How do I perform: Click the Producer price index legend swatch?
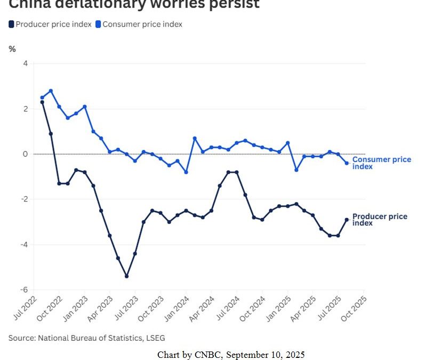pyautogui.click(x=12, y=24)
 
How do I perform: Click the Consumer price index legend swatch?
pyautogui.click(x=98, y=24)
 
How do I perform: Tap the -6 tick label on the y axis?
pyautogui.click(x=25, y=290)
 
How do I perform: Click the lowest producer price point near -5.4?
pyautogui.click(x=126, y=276)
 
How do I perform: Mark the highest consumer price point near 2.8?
pyautogui.click(x=51, y=91)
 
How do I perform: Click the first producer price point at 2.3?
pyautogui.click(x=42, y=102)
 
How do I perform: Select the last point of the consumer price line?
pyautogui.click(x=346, y=163)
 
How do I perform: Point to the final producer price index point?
pyautogui.click(x=346, y=220)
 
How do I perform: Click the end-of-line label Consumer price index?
pyautogui.click(x=381, y=163)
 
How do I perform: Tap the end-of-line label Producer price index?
pyautogui.click(x=379, y=219)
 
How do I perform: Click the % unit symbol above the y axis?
pyautogui.click(x=12, y=49)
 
